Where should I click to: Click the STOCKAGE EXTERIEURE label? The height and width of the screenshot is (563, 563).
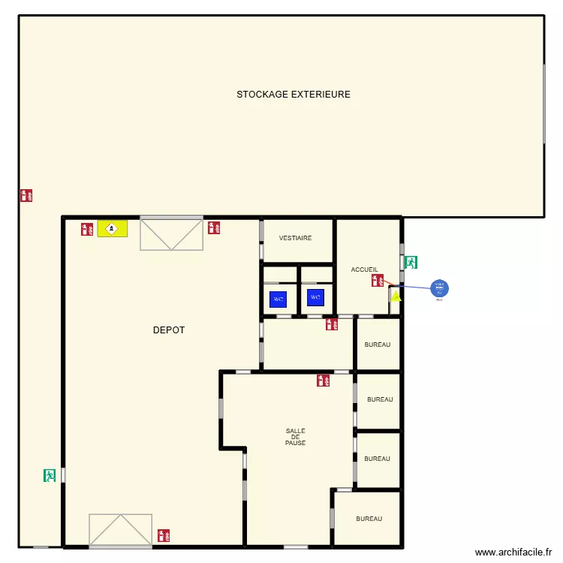click(x=294, y=95)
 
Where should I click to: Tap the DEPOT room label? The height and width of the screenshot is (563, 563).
click(x=169, y=330)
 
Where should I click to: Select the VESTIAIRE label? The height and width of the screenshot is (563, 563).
click(x=295, y=238)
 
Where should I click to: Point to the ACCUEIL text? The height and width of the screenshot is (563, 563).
click(x=365, y=269)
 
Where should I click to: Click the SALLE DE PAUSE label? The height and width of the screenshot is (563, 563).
click(x=295, y=437)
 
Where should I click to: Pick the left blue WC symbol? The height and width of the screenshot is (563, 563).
click(x=278, y=299)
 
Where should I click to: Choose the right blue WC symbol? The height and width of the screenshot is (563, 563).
click(x=315, y=297)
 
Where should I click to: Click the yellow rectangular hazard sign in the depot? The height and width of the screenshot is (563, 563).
click(x=113, y=228)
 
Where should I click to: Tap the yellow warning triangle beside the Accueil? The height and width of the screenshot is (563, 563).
click(x=396, y=297)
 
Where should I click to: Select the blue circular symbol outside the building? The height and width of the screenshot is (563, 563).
click(x=439, y=288)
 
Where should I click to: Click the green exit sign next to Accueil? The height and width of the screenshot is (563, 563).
click(x=411, y=263)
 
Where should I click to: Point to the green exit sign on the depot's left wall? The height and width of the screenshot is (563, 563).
click(x=50, y=475)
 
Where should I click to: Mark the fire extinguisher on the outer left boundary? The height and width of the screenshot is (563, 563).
click(x=26, y=195)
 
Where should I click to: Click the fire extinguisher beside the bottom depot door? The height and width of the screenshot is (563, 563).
click(x=164, y=536)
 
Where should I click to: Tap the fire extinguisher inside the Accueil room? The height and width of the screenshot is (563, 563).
click(x=378, y=281)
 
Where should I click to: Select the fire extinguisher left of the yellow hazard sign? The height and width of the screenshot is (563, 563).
click(x=87, y=228)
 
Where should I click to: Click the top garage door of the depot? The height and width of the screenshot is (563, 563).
click(x=171, y=234)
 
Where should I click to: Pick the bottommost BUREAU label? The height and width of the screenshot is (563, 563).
click(x=369, y=519)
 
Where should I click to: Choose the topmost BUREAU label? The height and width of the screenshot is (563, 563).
click(x=378, y=345)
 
